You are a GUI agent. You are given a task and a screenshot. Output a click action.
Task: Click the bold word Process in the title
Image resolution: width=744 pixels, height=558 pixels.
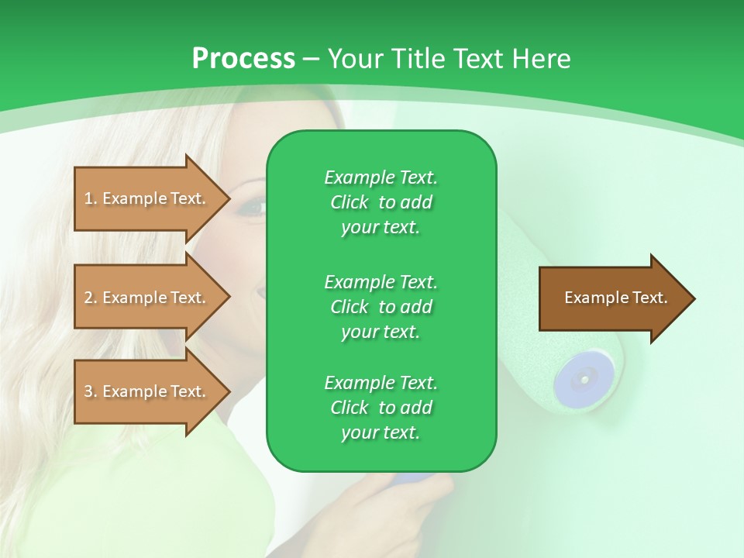(243, 59)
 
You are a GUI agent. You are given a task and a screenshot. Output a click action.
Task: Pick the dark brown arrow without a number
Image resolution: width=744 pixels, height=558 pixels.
(612, 298)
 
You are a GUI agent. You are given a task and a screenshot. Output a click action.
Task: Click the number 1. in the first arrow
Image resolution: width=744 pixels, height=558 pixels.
(91, 198)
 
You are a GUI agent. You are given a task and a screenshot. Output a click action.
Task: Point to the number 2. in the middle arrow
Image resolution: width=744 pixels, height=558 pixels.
(91, 298)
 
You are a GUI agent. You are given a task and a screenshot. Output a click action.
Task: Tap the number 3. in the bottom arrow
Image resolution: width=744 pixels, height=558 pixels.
(91, 391)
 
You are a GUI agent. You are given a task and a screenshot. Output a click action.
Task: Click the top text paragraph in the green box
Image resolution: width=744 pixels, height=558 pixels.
(381, 202)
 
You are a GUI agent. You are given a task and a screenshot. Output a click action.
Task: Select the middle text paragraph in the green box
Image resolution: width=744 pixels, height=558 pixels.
(381, 306)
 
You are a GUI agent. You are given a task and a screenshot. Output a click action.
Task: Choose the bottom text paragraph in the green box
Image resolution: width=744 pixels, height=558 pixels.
(381, 408)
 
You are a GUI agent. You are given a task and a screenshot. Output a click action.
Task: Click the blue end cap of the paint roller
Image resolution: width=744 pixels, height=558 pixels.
(582, 378)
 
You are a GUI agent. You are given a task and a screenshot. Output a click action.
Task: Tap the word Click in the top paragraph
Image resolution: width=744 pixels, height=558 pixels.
(350, 202)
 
